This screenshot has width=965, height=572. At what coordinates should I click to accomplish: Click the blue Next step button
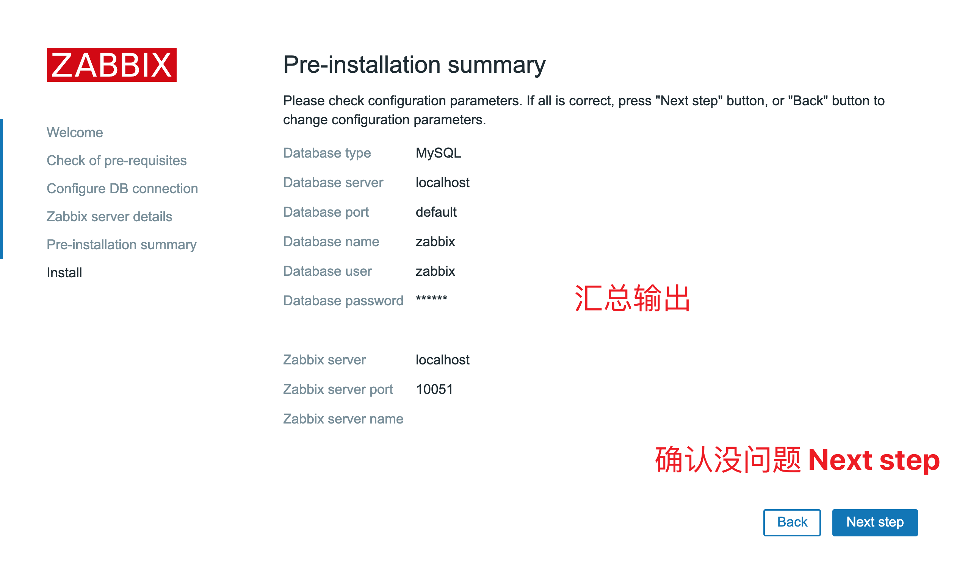[x=874, y=522]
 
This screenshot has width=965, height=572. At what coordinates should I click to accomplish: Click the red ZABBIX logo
[x=112, y=65]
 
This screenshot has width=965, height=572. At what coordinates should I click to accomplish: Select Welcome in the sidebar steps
[x=75, y=133]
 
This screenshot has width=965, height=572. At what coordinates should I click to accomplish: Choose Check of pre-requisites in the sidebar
[x=116, y=161]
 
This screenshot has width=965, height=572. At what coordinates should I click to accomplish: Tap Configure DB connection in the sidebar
[x=122, y=189]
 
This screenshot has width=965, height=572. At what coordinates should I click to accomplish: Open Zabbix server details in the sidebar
[x=110, y=217]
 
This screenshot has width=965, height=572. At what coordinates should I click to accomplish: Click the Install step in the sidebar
[x=64, y=272]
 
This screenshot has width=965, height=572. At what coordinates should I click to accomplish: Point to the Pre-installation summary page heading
[x=414, y=65]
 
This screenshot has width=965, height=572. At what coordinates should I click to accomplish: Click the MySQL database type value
[x=438, y=153]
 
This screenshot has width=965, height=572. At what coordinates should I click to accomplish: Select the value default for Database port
[x=436, y=212]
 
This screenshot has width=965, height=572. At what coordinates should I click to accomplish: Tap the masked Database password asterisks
[x=431, y=299]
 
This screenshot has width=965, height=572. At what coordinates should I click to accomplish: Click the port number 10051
[x=434, y=389]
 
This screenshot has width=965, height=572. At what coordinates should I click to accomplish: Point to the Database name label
[x=331, y=242]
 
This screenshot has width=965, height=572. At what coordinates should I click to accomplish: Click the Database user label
[x=327, y=271]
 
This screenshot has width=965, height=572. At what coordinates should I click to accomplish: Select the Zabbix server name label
[x=343, y=419]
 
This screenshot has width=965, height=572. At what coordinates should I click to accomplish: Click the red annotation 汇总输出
[x=632, y=298]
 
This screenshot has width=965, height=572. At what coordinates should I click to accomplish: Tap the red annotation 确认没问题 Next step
[x=797, y=459]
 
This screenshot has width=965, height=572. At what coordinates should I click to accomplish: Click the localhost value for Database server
[x=442, y=183]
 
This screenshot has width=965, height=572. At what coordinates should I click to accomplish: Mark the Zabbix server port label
[x=338, y=389]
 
